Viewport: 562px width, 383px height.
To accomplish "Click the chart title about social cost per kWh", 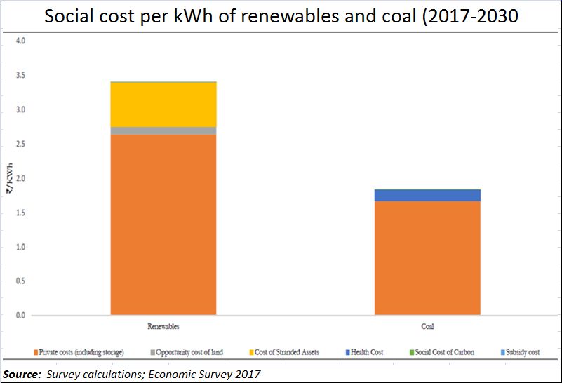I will [x=281, y=17].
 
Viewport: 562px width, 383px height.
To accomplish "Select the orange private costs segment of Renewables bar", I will [x=163, y=224].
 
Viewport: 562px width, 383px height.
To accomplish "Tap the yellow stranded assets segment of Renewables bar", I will [x=163, y=105].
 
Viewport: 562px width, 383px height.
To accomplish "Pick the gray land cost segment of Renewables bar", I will [x=163, y=130].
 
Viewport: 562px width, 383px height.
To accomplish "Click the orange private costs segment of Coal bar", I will [x=427, y=257].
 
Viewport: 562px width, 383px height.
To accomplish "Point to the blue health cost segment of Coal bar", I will [x=427, y=195].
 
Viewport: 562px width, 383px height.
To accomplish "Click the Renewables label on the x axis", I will [x=163, y=326].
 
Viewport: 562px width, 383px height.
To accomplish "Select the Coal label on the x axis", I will [x=427, y=326].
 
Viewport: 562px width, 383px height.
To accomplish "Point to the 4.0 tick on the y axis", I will [x=20, y=41].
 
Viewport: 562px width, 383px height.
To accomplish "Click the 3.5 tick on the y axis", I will [x=20, y=76].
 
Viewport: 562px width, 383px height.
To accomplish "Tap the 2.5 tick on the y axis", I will [x=20, y=145].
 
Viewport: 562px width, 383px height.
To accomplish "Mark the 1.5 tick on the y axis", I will [x=20, y=213].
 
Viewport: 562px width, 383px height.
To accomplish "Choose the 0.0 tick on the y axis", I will [x=20, y=316].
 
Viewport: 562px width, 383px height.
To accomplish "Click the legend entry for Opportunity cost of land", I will [x=186, y=352].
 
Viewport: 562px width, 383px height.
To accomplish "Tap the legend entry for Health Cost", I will [x=365, y=352].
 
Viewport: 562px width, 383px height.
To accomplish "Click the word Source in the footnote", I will [x=20, y=375].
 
